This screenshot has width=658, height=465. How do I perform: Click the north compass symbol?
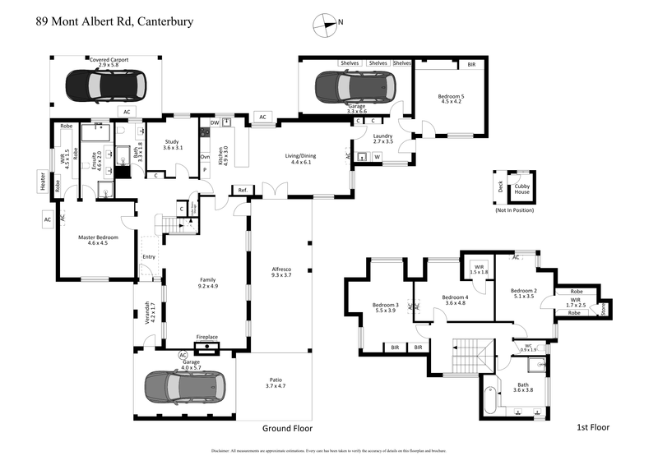pos(326,25)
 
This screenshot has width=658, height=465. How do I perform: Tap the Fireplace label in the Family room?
pos(206,337)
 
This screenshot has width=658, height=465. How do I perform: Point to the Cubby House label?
pos(522,189)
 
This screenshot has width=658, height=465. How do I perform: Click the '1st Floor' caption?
pos(592,428)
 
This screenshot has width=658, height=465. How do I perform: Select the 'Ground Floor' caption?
pos(287,428)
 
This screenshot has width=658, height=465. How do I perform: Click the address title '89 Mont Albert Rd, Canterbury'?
pos(114,21)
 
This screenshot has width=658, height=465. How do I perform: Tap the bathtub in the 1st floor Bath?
pos(492,402)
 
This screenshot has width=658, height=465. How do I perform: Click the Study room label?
pos(172,145)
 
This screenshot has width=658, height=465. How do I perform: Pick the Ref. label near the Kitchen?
pos(243,191)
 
